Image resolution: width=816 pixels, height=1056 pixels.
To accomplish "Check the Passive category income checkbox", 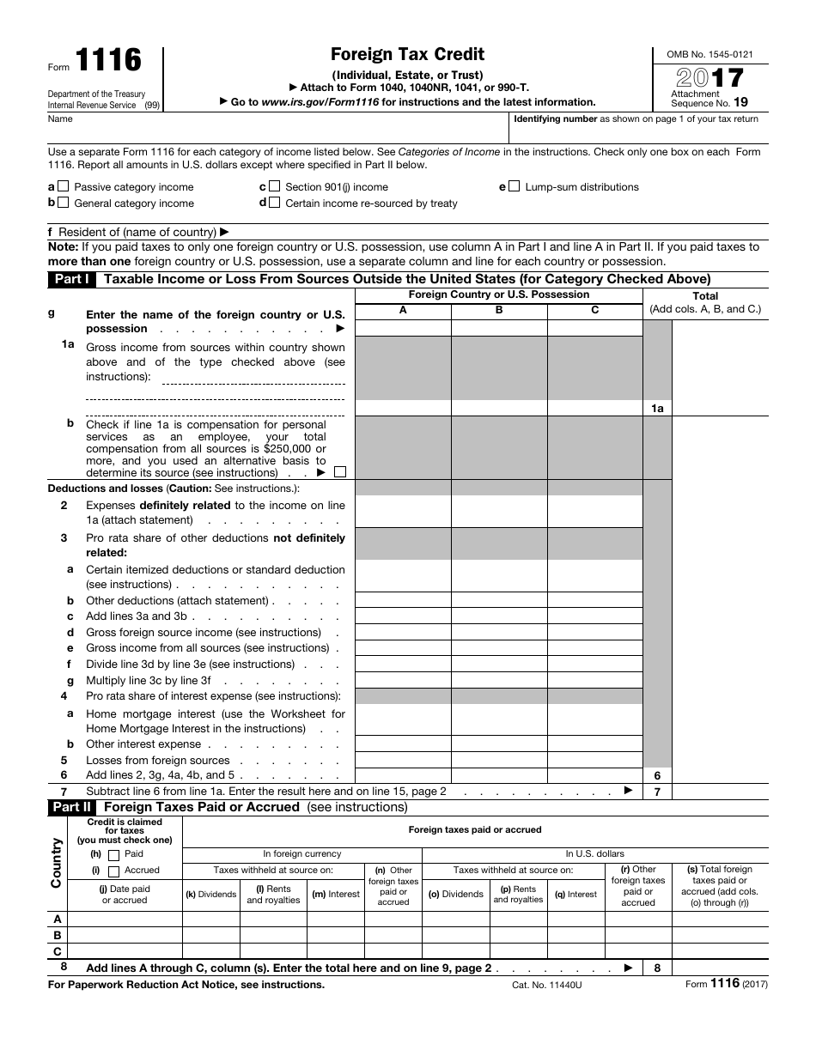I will click(x=64, y=186).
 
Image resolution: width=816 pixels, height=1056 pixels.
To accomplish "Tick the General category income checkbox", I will click(x=64, y=203).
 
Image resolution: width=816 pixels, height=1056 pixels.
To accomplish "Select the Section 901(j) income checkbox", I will click(x=274, y=186).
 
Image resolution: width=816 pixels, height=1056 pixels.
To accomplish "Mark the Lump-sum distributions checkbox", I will click(x=514, y=186).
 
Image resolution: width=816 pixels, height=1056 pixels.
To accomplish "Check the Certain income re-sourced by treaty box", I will click(x=274, y=203).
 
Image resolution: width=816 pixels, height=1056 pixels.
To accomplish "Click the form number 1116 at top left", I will click(x=108, y=60).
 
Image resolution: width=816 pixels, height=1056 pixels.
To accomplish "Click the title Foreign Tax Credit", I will click(x=408, y=55).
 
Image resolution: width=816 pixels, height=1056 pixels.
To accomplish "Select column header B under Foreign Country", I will click(x=499, y=311).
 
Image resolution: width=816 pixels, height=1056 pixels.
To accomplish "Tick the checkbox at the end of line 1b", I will click(x=340, y=472).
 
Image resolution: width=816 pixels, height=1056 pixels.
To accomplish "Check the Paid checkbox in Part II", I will click(x=113, y=855).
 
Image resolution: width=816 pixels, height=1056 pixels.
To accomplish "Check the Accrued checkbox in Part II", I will click(x=113, y=871).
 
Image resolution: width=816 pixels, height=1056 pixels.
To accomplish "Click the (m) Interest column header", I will click(x=335, y=894).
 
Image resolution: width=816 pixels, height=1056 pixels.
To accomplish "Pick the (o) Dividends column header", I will click(x=456, y=894).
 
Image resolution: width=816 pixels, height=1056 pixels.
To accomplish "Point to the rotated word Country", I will click(x=57, y=863).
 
